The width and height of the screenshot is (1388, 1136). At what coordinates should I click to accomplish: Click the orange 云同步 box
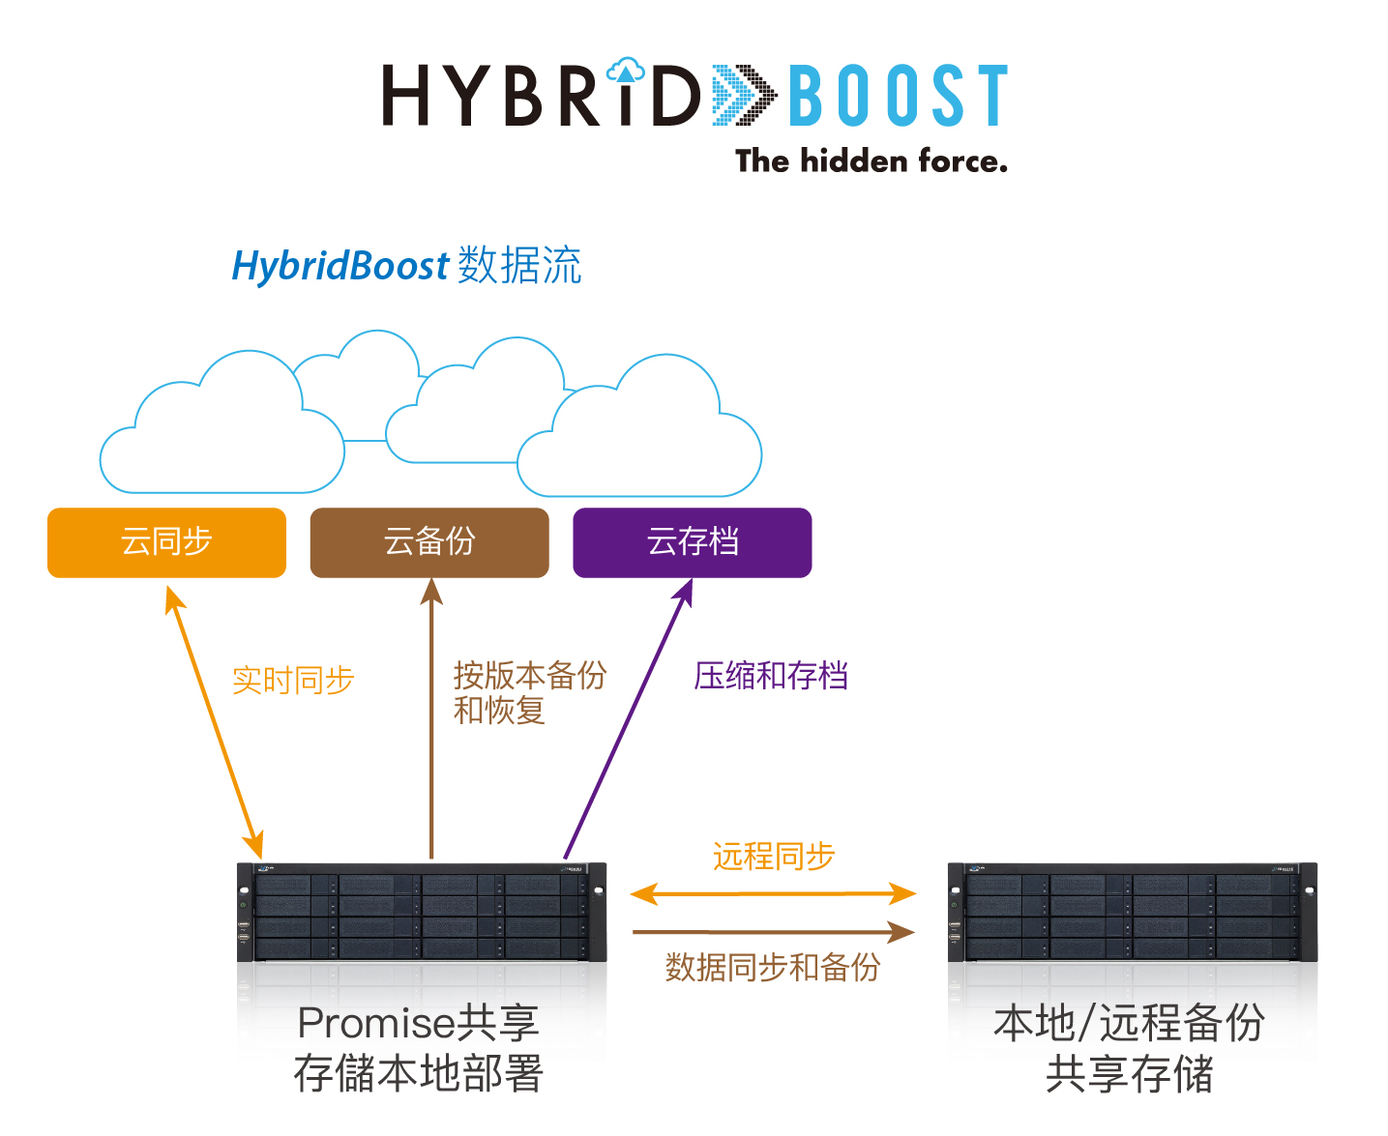[166, 542]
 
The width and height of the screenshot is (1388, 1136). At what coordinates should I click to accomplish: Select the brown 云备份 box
[429, 542]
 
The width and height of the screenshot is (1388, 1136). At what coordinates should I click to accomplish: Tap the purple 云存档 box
[692, 542]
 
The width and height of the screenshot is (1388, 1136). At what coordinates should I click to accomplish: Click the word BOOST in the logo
[898, 96]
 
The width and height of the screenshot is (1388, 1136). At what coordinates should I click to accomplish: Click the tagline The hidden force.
[871, 161]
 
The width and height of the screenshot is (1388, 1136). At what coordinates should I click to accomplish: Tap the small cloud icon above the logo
[625, 70]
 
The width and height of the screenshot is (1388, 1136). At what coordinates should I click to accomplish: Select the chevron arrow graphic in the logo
[745, 95]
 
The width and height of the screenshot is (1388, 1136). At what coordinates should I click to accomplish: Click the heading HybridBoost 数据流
[406, 265]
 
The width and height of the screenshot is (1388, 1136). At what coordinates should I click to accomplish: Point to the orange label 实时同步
[293, 680]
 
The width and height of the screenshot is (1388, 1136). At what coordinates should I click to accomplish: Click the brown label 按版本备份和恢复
[529, 692]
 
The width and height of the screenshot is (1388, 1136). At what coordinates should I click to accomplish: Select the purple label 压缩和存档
[771, 676]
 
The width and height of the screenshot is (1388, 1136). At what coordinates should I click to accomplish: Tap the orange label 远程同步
[774, 856]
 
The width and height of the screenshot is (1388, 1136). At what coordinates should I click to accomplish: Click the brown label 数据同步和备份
[773, 967]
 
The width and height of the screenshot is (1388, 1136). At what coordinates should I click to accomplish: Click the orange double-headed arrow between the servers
[773, 893]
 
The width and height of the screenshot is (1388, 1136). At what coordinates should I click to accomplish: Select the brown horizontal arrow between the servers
[773, 931]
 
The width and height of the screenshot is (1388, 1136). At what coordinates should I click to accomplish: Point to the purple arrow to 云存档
[629, 717]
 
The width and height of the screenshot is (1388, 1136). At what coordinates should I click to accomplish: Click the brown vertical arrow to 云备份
[431, 718]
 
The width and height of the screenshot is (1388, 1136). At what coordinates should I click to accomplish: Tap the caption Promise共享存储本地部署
[419, 1048]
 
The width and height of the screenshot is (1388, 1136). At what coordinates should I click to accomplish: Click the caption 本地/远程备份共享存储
[1130, 1048]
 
